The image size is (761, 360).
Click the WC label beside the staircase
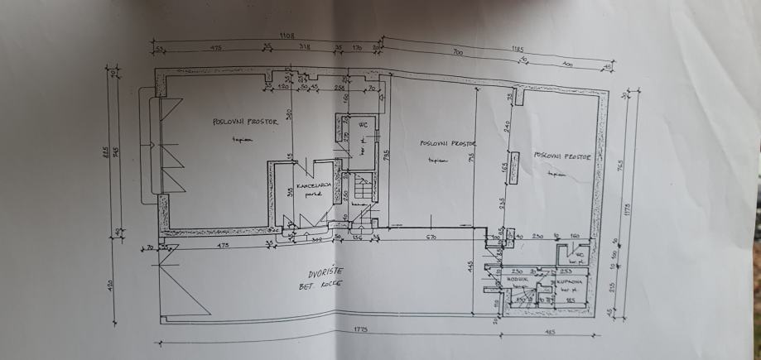click(362, 125)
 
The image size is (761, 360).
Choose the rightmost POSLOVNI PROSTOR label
click(563, 155)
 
